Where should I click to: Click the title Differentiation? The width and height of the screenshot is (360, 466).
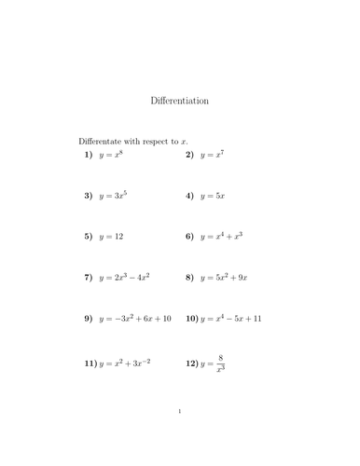coord(179,100)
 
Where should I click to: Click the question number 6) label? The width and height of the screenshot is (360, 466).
coord(189,237)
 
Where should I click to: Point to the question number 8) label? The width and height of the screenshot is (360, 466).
coord(189,278)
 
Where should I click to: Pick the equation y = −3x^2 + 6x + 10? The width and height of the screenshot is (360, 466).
coord(136,319)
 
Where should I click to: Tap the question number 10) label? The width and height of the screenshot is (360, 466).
coord(192,319)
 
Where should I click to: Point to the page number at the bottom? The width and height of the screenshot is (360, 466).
coord(179,436)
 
